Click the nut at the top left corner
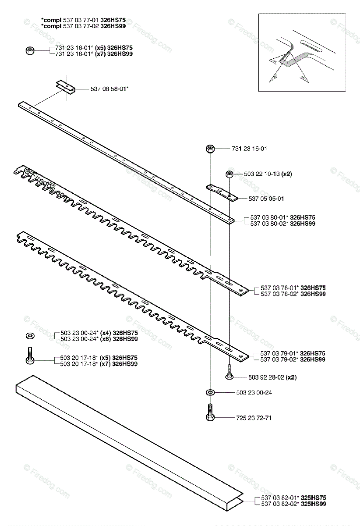pyautogui.click(x=30, y=51)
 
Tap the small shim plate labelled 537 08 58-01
pyautogui.click(x=66, y=86)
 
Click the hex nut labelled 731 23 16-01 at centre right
pyautogui.click(x=210, y=149)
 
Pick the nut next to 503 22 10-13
pyautogui.click(x=229, y=174)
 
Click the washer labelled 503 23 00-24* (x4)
pyautogui.click(x=30, y=336)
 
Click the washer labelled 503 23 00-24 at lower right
pyautogui.click(x=210, y=392)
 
